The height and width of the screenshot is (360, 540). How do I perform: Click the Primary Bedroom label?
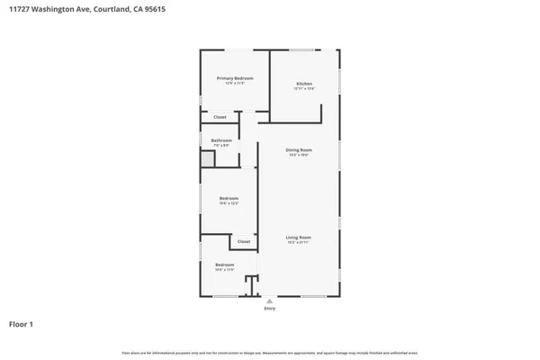tap(235, 78)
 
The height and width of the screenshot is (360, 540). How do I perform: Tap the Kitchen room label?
tap(304, 84)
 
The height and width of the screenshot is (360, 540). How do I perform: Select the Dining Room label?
tap(299, 149)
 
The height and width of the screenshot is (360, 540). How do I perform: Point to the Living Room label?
tap(298, 238)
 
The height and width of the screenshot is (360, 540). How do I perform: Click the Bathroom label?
tap(221, 140)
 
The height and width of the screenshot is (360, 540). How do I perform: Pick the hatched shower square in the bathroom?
tap(208, 158)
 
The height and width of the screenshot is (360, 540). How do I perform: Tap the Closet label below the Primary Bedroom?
tap(220, 117)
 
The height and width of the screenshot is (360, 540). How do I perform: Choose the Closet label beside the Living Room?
tap(244, 241)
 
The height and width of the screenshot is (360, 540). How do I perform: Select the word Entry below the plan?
tap(269, 309)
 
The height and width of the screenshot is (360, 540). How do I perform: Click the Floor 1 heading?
tap(22, 323)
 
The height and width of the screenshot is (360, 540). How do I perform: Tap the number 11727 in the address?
tap(20, 9)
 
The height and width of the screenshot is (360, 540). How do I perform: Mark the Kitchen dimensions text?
tap(304, 89)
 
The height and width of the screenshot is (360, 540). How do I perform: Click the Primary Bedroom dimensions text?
tap(235, 84)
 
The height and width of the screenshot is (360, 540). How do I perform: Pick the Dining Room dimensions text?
tap(299, 155)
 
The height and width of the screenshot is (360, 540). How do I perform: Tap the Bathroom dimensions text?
tap(221, 146)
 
